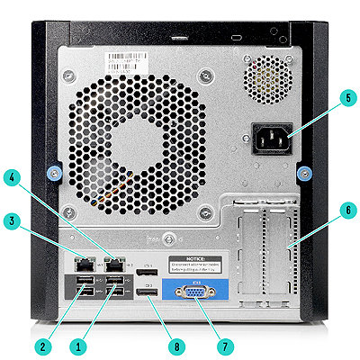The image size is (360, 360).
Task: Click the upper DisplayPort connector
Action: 151,272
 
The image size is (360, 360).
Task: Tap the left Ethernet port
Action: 83,265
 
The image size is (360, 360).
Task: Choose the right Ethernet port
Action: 113,265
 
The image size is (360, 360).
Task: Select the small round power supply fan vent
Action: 266,77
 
